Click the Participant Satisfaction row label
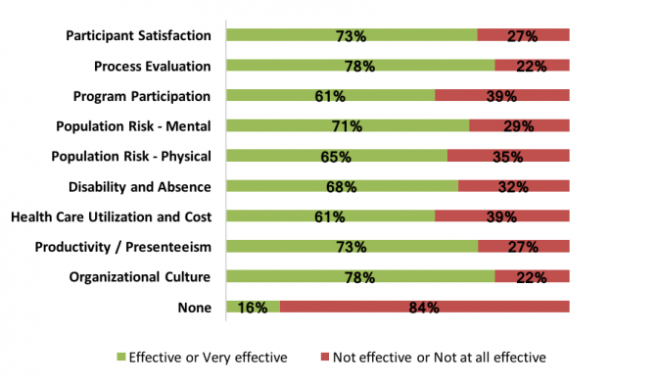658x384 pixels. pos(138,35)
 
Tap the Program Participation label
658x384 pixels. pos(142,96)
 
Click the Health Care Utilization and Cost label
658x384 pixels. pos(110,216)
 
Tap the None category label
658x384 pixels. pos(194,307)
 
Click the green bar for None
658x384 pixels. pos(253,307)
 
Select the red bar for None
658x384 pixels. pos(424,307)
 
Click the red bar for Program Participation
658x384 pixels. pos(501,96)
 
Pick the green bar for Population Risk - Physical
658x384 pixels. pos(336,156)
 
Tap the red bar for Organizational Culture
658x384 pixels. pos(532,276)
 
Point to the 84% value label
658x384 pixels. pos(424,308)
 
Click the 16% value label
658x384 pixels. pos(254,308)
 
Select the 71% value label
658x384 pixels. pos(347,126)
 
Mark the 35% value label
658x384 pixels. pos(508,157)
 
